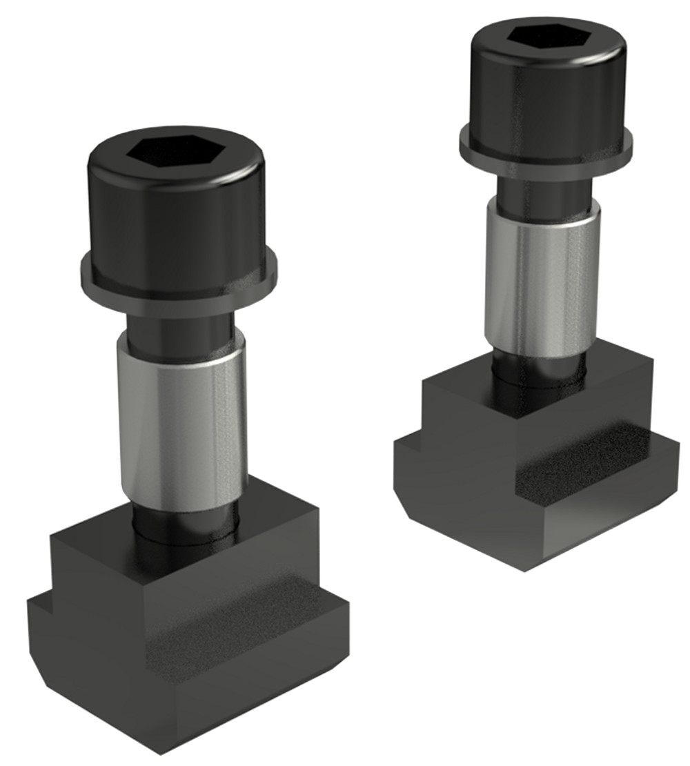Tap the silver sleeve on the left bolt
coord(181,421)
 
